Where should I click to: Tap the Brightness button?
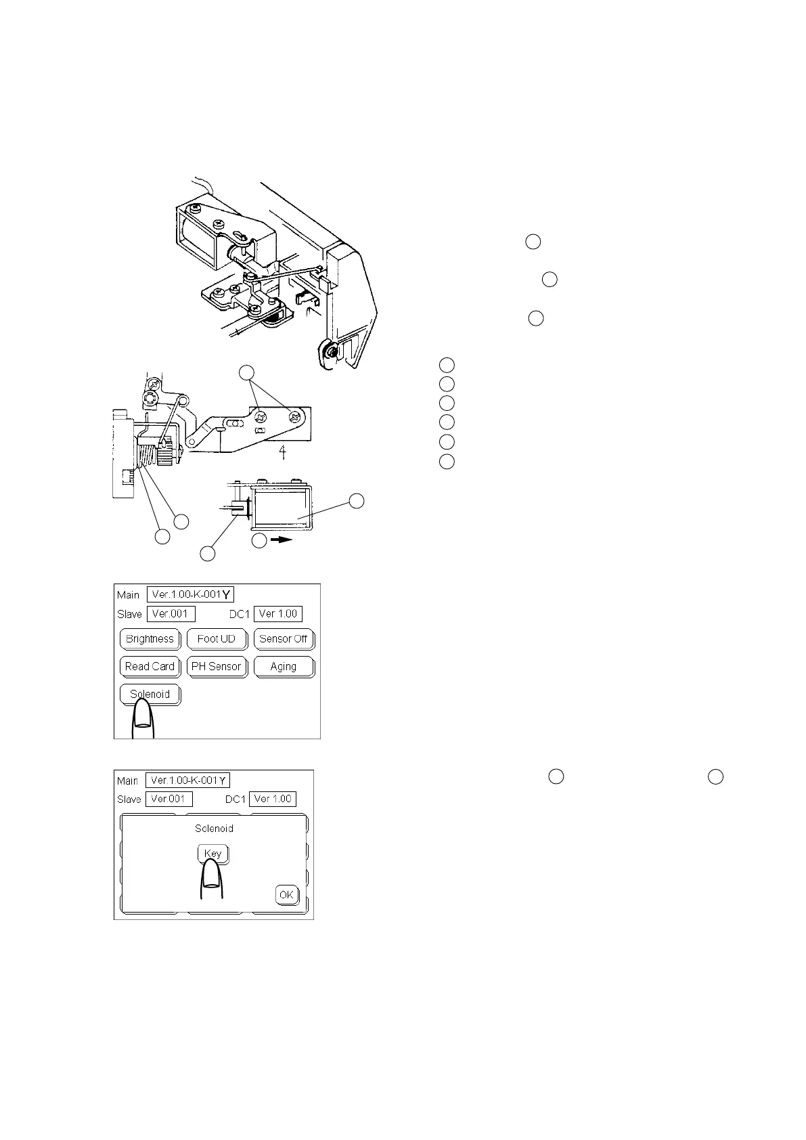click(x=150, y=639)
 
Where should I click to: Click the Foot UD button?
click(x=217, y=639)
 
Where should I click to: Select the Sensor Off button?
click(x=284, y=639)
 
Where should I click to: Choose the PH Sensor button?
click(x=217, y=667)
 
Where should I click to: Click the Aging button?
click(x=284, y=667)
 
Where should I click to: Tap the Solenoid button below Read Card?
click(x=150, y=695)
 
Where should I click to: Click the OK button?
click(x=287, y=895)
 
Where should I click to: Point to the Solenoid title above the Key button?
click(x=214, y=829)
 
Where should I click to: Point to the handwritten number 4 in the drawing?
click(x=286, y=452)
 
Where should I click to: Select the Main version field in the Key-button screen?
click(x=187, y=781)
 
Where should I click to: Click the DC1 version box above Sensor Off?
click(x=277, y=614)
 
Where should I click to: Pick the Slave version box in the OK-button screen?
click(x=169, y=799)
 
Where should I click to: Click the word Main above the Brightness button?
click(x=128, y=595)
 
